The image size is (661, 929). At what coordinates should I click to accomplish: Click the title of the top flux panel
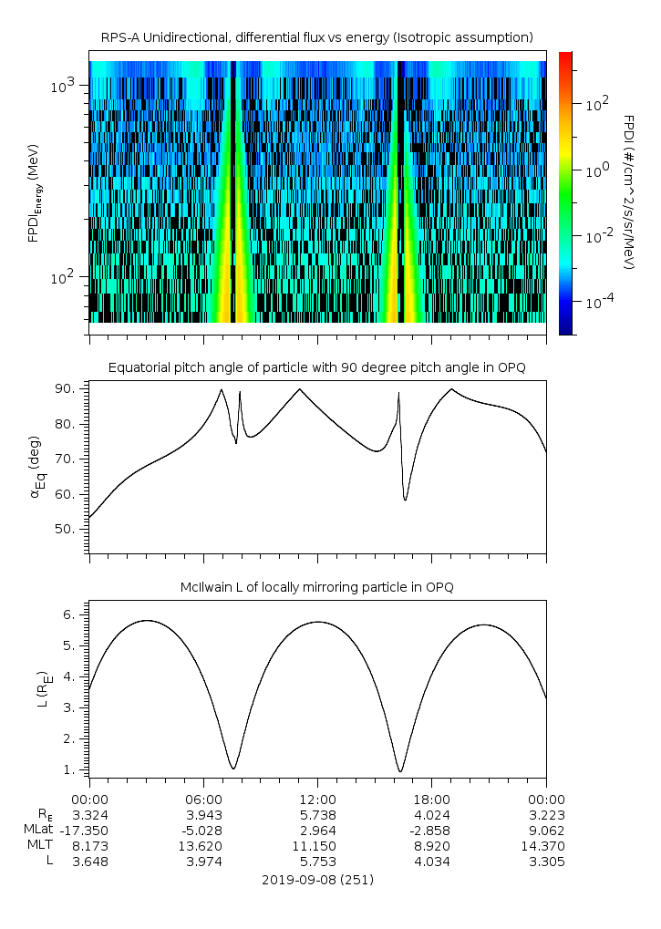317,37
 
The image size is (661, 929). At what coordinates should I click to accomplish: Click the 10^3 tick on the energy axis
66,86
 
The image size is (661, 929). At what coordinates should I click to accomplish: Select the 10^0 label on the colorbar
594,170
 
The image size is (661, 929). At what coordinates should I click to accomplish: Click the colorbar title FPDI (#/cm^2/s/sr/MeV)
628,192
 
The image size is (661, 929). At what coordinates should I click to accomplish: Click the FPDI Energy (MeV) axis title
34,192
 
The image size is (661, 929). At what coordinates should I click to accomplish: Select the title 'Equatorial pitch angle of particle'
317,367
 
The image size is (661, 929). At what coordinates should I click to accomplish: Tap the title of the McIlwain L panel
317,587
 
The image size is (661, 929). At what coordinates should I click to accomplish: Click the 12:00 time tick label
317,797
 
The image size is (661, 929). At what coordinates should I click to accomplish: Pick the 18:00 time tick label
431,797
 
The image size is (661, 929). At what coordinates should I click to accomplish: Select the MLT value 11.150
317,846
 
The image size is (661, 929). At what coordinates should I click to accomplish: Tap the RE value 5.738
317,813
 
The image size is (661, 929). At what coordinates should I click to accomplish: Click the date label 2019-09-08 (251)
317,880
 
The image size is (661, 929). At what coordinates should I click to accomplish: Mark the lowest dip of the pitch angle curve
406,500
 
